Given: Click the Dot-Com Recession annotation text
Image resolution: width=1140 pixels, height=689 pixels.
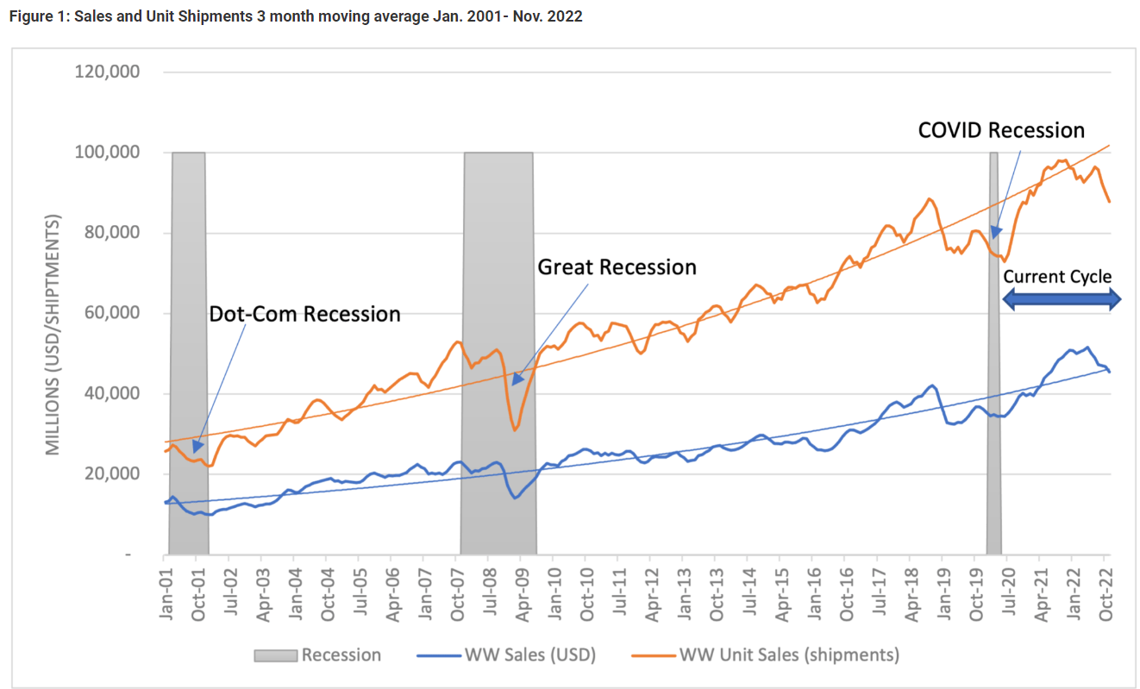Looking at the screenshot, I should coord(304,314).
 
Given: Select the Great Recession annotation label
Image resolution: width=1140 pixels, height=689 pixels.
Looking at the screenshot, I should coord(617,267).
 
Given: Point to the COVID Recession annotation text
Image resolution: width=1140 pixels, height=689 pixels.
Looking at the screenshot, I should coord(1001,130).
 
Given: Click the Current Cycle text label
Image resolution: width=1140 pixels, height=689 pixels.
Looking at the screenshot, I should coord(1056,277).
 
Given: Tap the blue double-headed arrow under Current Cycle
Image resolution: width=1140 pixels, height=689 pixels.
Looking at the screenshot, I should coord(1061,298).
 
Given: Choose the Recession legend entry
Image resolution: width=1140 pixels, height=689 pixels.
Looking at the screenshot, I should coord(317,655).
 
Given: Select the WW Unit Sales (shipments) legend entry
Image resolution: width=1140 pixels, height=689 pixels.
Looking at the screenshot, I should coord(767,655).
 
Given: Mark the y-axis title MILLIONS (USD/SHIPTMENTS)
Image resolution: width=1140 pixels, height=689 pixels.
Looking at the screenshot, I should coord(53,336).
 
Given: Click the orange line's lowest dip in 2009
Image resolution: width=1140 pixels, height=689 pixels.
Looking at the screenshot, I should coord(515,429).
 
